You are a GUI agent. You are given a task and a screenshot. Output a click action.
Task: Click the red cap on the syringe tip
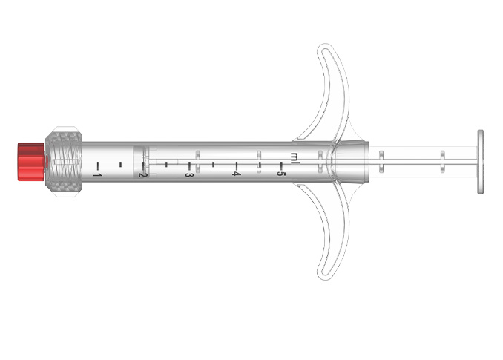click(30, 160)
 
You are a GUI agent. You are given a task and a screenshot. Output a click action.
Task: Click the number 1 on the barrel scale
click(96, 174)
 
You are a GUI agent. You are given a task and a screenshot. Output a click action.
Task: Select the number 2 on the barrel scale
click(143, 174)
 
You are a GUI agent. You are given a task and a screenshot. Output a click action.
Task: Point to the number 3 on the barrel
click(189, 174)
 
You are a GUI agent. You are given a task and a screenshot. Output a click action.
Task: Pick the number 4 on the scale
click(236, 174)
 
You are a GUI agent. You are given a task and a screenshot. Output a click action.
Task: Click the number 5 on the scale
click(281, 174)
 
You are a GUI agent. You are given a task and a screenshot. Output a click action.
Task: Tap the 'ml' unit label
click(295, 157)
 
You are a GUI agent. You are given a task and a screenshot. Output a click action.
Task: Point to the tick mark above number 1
click(97, 163)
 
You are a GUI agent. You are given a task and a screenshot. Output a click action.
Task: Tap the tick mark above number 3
click(190, 163)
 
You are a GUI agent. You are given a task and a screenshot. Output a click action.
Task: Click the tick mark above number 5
click(282, 163)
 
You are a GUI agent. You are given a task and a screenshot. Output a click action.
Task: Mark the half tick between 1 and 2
click(120, 163)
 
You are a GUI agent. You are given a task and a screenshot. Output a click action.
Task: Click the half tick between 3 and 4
click(213, 163)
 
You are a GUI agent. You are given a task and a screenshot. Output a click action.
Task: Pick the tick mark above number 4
click(236, 163)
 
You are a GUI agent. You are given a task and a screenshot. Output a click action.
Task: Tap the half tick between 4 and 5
click(259, 163)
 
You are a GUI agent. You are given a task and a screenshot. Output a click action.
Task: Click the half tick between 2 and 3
click(167, 163)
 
